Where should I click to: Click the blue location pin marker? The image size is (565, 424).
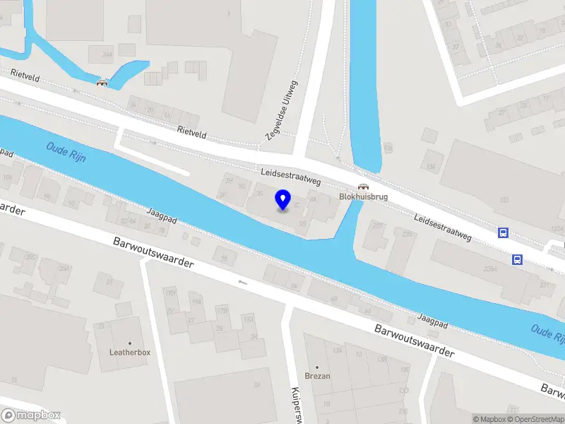click(283, 200)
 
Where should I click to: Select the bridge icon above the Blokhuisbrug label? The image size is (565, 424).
click(362, 187)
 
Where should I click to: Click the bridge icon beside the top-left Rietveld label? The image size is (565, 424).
click(102, 82)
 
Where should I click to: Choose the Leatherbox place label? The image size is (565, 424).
click(129, 353)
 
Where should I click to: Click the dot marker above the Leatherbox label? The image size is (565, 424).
click(129, 343)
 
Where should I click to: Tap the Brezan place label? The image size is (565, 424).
click(317, 376)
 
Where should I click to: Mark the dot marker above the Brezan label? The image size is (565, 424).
click(317, 367)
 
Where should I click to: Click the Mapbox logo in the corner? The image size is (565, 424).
click(31, 415)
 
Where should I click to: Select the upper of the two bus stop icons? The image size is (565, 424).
click(503, 232)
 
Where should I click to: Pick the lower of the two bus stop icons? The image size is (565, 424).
click(518, 259)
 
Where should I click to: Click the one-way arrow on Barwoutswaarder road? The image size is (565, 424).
click(243, 283)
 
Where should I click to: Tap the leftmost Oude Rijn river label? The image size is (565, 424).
click(66, 152)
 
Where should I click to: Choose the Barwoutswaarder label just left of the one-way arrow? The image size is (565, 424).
click(153, 252)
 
